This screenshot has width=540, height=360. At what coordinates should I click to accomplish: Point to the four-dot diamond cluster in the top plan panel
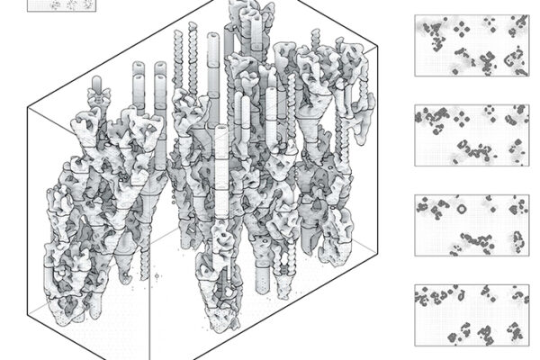tap(462, 29)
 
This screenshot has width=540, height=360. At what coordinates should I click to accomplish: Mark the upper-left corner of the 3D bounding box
tap(28, 107)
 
